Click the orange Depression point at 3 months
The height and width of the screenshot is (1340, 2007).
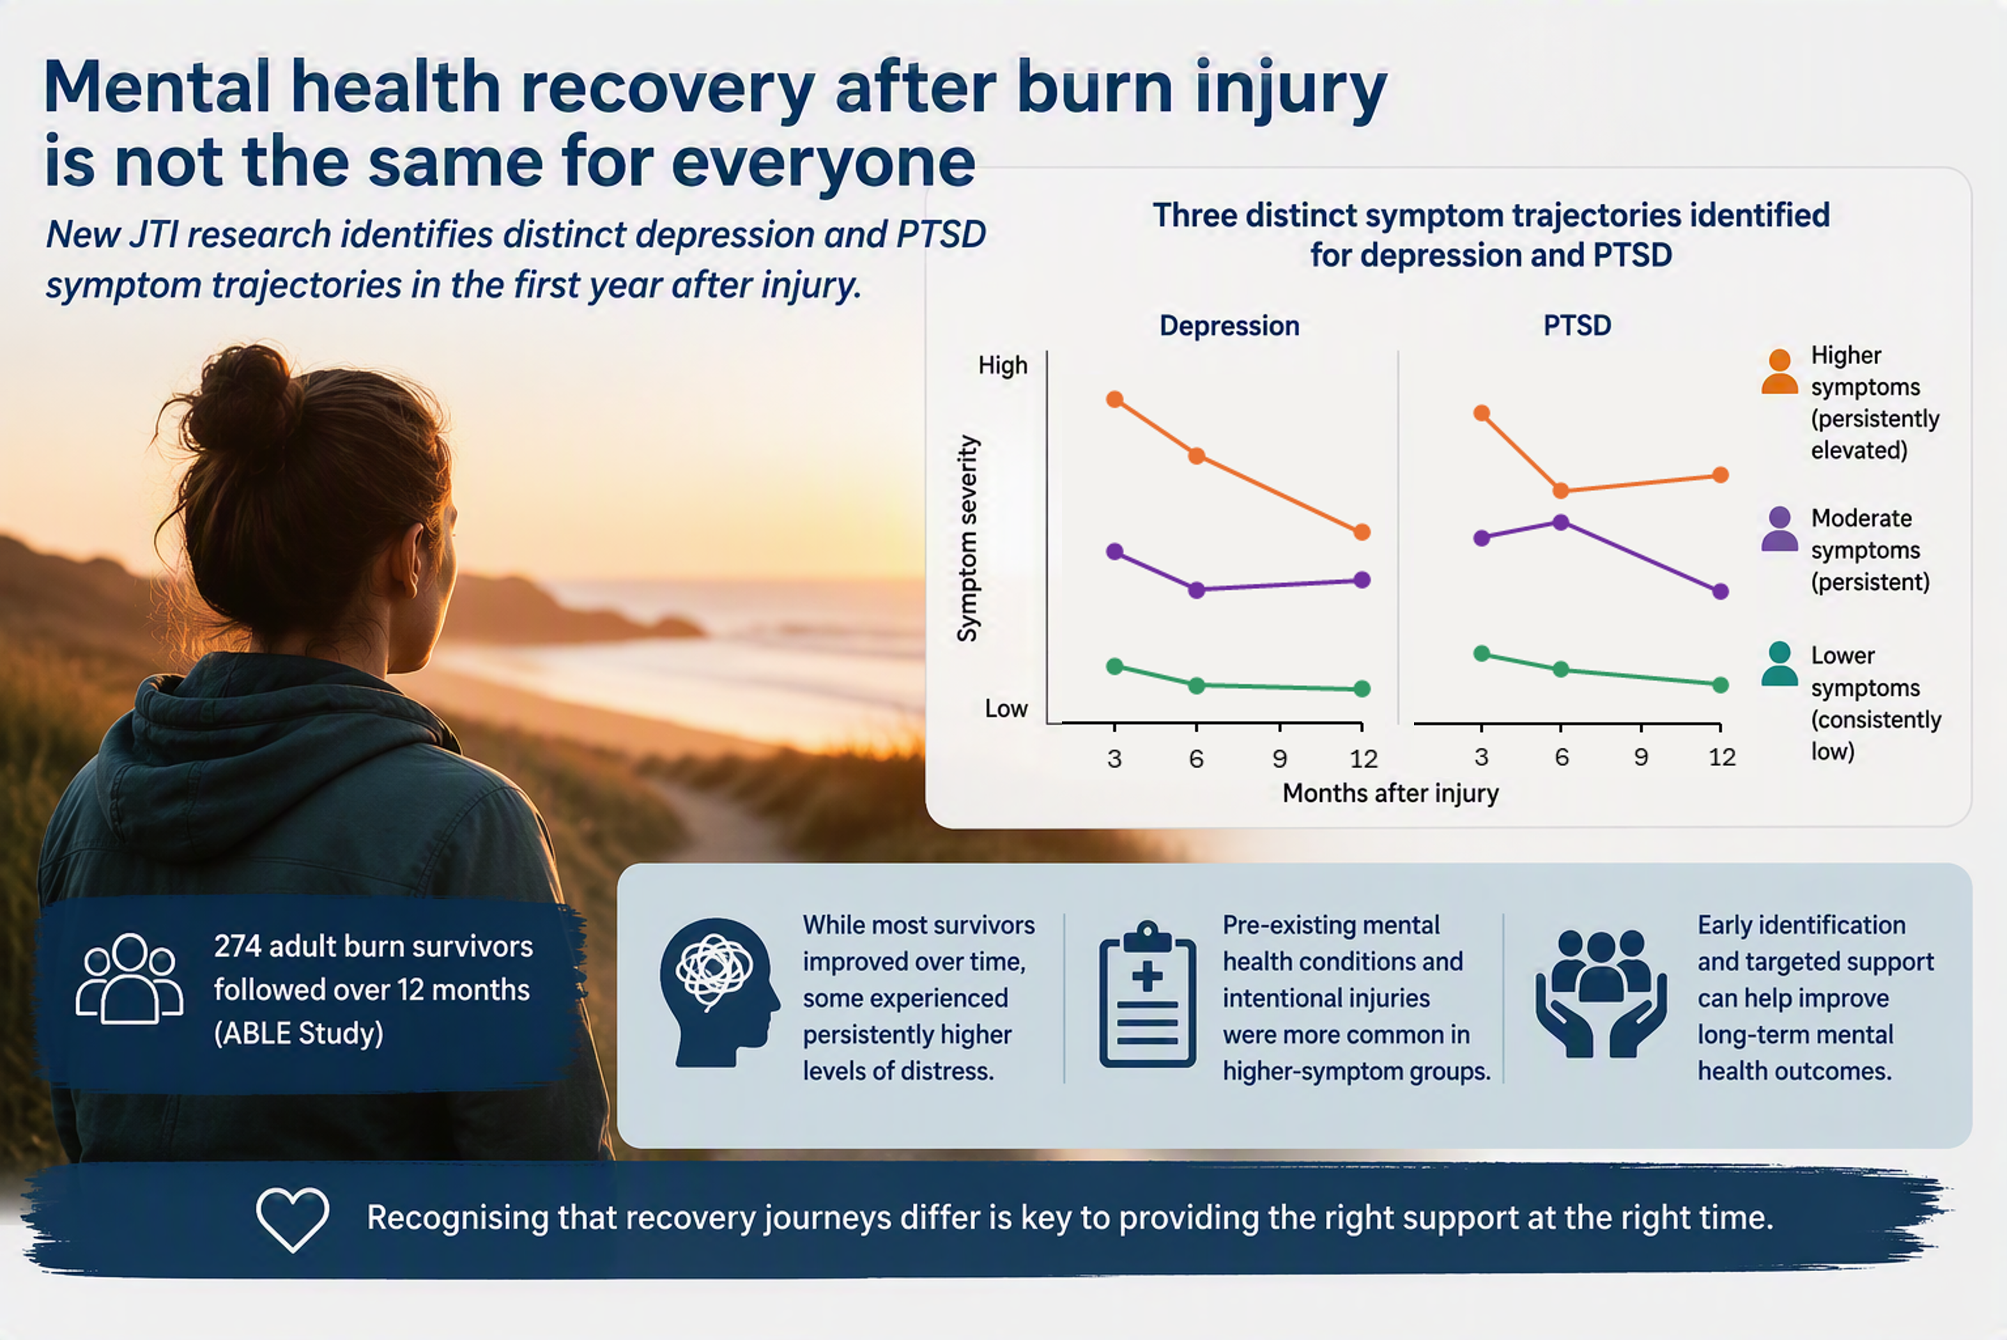1114,399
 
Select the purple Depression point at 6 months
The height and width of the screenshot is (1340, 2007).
1196,590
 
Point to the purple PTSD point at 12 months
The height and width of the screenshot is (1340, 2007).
1721,591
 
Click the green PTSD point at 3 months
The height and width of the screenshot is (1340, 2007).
1482,654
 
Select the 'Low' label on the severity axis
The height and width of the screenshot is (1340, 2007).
1006,709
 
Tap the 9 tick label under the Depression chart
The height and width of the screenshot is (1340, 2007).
1279,758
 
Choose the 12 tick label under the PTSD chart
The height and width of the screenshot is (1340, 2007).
1721,757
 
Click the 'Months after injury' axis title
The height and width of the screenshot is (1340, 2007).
1390,793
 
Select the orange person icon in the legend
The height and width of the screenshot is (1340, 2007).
1780,372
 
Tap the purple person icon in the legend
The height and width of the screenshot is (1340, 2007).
1780,529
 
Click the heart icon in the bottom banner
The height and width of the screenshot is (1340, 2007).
292,1219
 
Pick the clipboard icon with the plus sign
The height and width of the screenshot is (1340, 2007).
1148,994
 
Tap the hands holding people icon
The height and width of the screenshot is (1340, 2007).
1601,993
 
